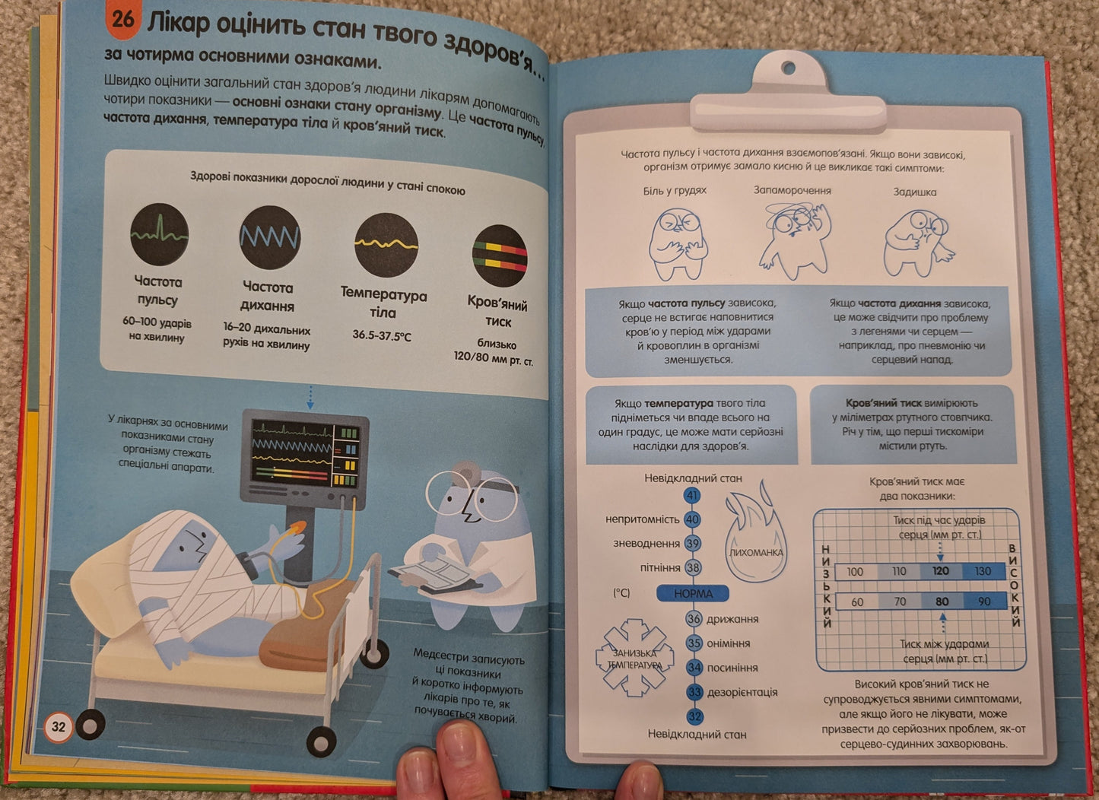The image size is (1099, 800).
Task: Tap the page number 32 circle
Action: [59, 726]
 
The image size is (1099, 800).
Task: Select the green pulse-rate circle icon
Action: [160, 234]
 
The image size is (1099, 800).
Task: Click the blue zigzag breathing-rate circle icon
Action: [270, 237]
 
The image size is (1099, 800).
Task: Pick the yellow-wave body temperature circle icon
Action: [386, 245]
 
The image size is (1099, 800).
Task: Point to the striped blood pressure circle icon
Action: [500, 256]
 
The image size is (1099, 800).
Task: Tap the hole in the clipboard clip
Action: [789, 68]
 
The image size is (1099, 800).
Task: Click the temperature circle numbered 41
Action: [692, 495]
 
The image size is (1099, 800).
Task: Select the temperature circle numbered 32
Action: [694, 716]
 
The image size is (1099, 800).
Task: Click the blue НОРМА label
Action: [693, 593]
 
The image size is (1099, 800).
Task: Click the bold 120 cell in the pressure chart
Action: [941, 571]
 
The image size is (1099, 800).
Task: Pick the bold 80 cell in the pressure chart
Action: [942, 602]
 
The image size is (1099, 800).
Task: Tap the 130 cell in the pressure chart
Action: [983, 571]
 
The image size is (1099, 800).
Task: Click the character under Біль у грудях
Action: [678, 244]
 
